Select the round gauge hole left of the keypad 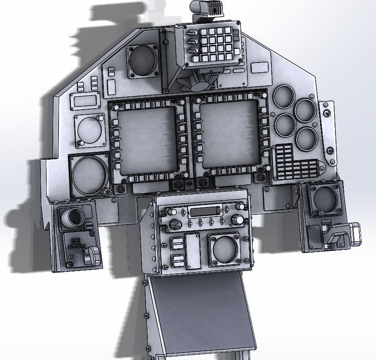pos(143,61)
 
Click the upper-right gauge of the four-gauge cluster pos(305,110)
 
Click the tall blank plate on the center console pos(192,251)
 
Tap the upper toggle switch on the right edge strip pos(326,114)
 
